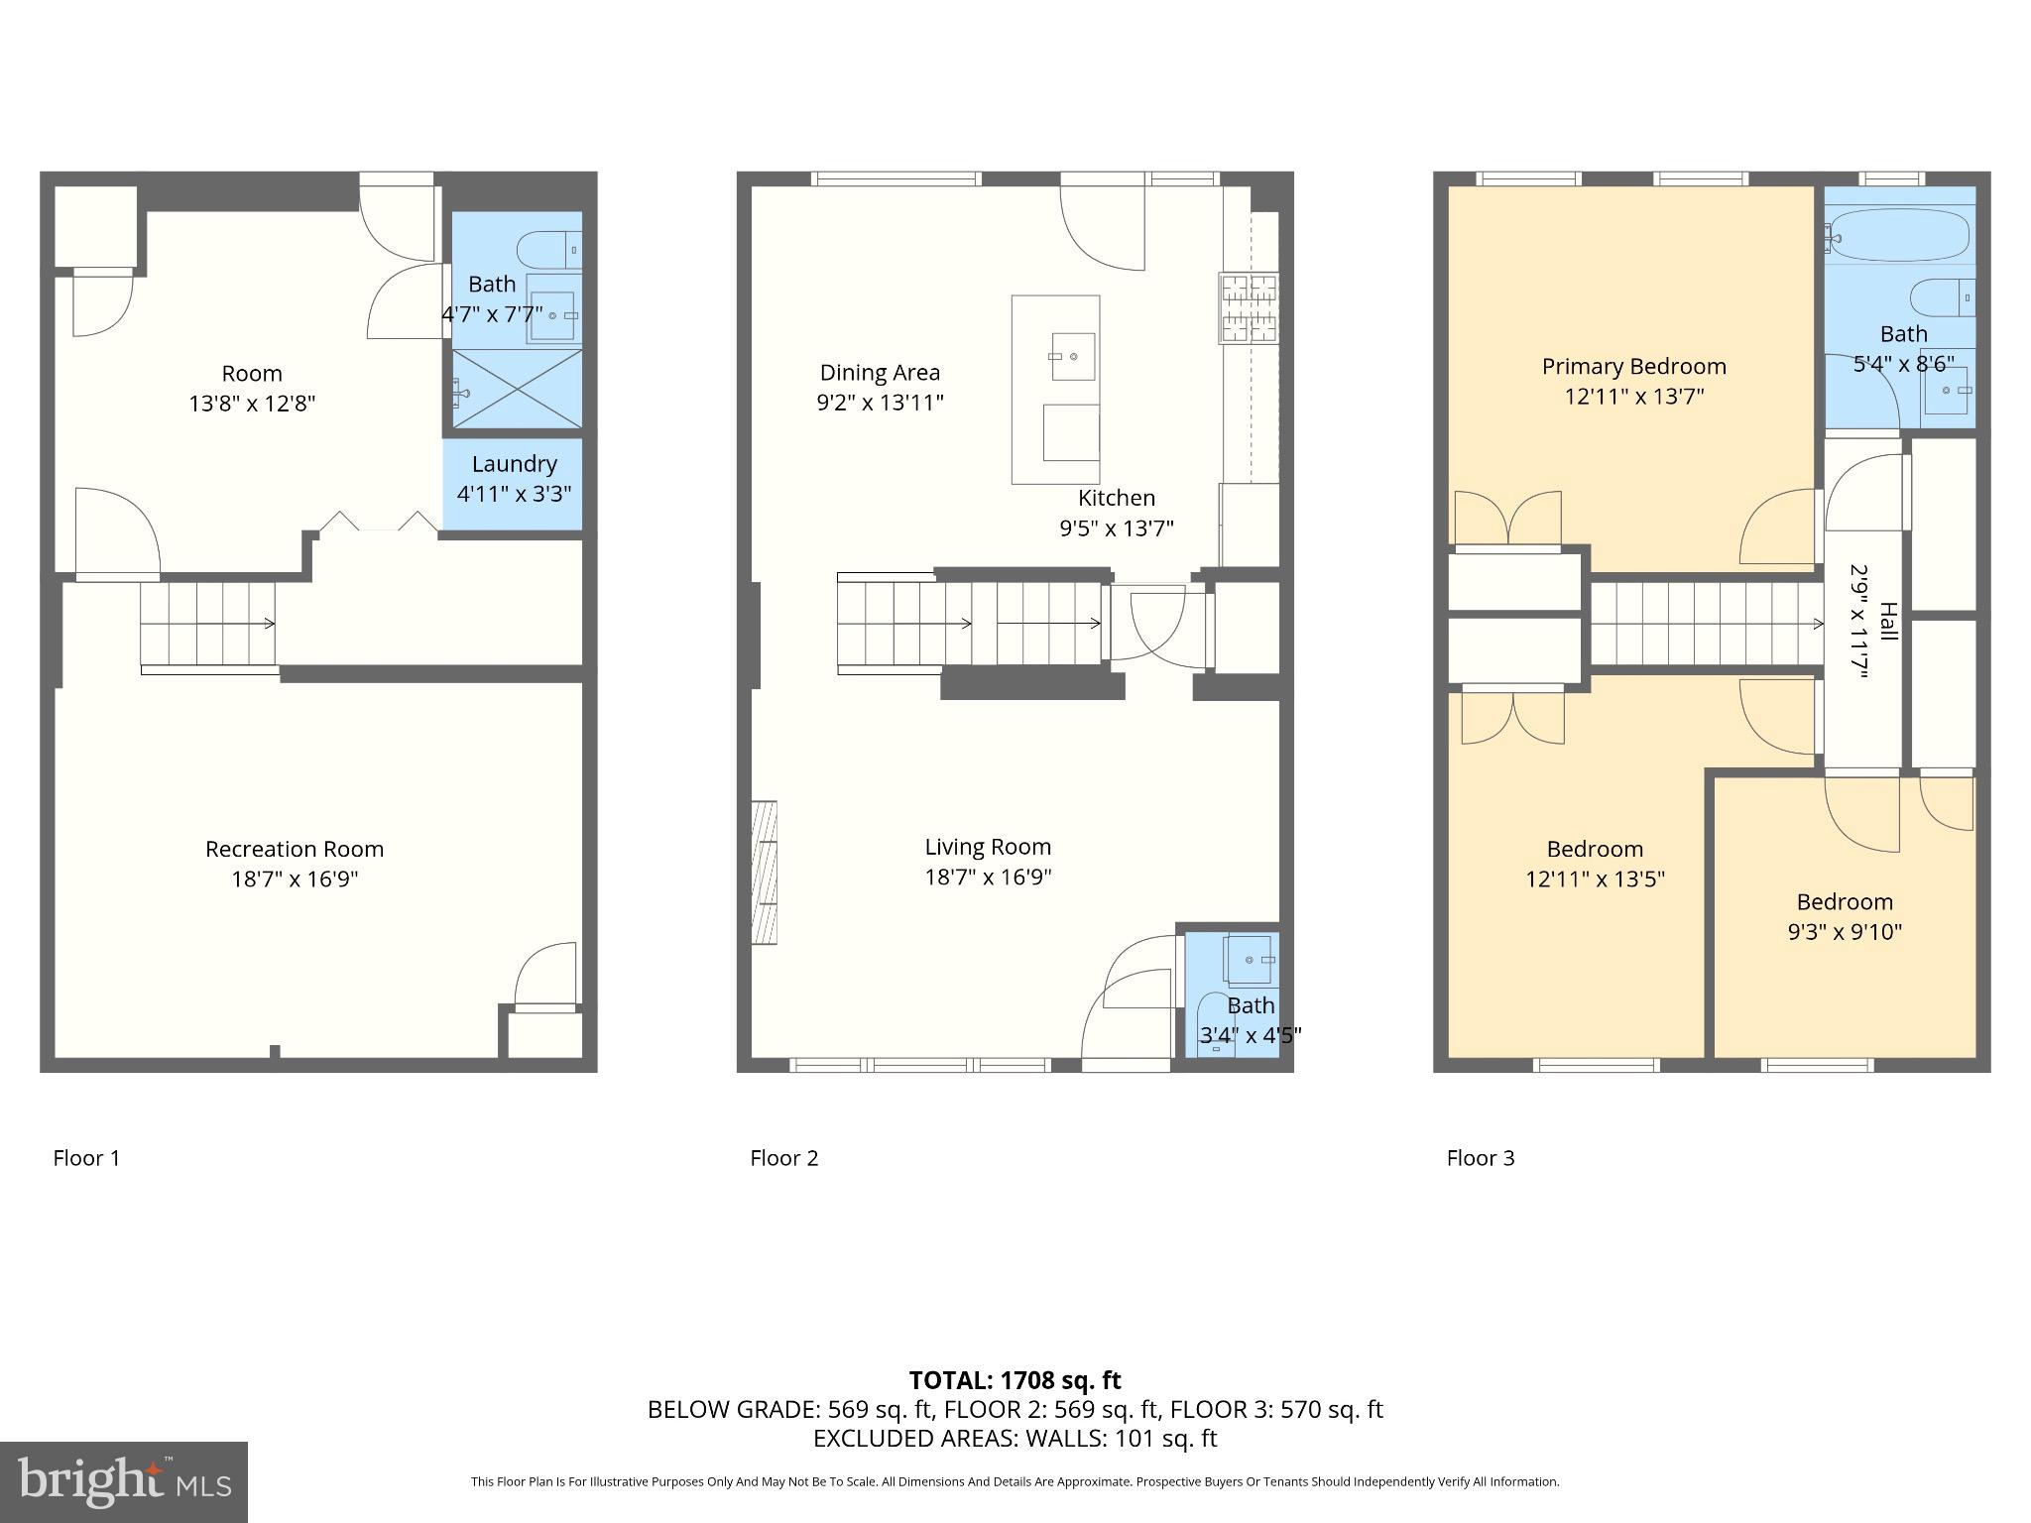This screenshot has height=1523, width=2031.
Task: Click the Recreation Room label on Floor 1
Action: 294,849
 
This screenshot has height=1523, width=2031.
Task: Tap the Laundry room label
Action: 514,464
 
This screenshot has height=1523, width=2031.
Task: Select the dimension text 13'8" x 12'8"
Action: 252,404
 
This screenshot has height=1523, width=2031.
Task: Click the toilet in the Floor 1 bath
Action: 548,249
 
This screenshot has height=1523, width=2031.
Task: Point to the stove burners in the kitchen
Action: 1249,308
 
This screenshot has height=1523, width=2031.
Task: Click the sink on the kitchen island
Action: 1072,356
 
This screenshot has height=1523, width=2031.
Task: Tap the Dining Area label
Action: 880,373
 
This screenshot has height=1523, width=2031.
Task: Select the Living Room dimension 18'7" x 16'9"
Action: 988,877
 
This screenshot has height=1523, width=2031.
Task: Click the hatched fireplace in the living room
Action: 764,872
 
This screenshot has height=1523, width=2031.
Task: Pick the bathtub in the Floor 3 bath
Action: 1898,236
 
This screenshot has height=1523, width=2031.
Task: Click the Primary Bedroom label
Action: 1633,367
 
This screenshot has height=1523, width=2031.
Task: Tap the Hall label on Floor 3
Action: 1888,622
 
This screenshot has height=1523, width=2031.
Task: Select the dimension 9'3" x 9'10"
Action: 1845,932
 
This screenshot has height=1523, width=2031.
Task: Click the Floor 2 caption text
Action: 783,1158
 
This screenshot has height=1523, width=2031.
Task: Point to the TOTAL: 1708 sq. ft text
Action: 1015,1380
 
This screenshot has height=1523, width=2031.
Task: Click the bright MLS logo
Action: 123,1481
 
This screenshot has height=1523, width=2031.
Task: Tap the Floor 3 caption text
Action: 1480,1158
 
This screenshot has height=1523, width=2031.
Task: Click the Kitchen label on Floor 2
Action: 1117,498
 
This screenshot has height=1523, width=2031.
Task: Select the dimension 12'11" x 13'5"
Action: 1595,879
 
